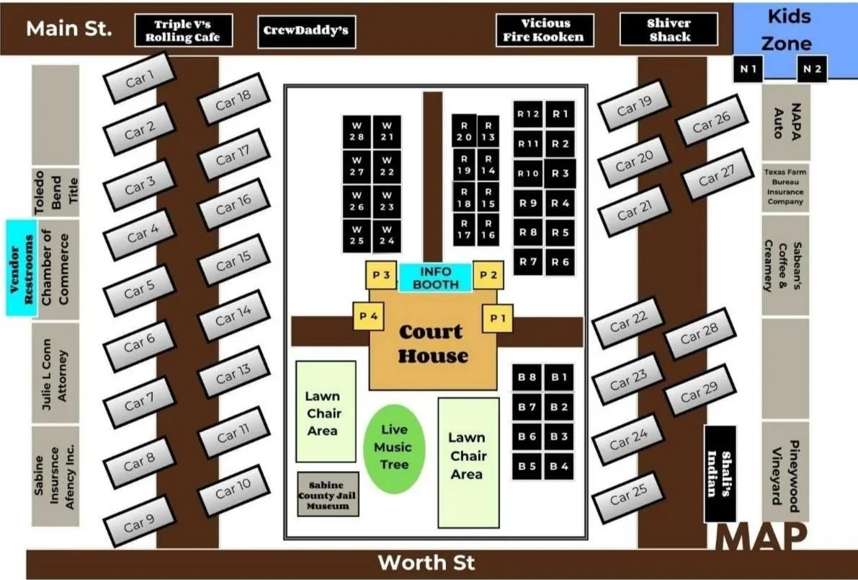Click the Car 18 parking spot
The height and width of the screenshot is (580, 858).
click(x=233, y=102)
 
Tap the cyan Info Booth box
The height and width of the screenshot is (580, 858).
click(x=436, y=278)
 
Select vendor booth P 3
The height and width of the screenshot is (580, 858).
click(x=381, y=275)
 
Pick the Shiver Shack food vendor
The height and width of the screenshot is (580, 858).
click(x=669, y=30)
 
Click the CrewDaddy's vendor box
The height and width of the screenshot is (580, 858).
click(x=306, y=31)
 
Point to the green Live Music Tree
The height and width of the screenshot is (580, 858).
click(x=394, y=447)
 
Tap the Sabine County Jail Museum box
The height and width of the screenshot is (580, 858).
click(x=328, y=495)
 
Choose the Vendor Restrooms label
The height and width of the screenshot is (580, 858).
click(x=21, y=268)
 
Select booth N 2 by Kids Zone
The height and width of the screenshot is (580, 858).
click(x=812, y=69)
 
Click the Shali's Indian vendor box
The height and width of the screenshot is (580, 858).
click(x=719, y=473)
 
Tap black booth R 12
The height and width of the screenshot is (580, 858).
click(x=528, y=114)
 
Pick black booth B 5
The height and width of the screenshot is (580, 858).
click(x=527, y=466)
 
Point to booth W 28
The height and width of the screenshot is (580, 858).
click(x=357, y=131)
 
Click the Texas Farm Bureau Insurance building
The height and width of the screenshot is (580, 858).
click(x=785, y=188)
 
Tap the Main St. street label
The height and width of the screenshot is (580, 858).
click(x=68, y=29)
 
